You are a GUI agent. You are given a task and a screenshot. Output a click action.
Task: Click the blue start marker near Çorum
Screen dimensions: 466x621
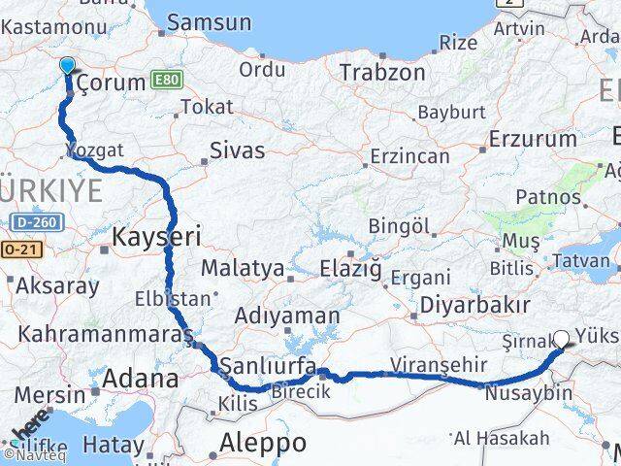click(67, 66)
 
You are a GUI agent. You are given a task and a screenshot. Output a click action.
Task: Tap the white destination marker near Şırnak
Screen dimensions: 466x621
click(561, 340)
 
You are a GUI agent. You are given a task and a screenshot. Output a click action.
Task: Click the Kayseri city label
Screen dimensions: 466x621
click(156, 236)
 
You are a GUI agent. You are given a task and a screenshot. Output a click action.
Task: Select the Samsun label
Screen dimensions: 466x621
click(210, 22)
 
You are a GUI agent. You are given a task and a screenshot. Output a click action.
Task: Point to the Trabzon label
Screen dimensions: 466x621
click(382, 72)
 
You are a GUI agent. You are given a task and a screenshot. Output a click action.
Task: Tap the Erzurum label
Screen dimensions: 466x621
click(534, 140)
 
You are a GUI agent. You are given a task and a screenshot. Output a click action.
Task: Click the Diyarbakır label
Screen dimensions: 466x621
click(474, 305)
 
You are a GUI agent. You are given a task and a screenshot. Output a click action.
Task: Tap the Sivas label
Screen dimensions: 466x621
click(238, 150)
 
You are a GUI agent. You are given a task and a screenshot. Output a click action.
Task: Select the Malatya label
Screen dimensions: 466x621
click(243, 268)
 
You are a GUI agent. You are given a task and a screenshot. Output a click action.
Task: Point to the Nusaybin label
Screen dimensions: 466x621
click(528, 394)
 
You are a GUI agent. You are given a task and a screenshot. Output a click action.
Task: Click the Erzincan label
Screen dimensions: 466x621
click(412, 156)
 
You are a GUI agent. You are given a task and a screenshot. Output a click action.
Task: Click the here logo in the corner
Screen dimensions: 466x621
click(29, 428)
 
